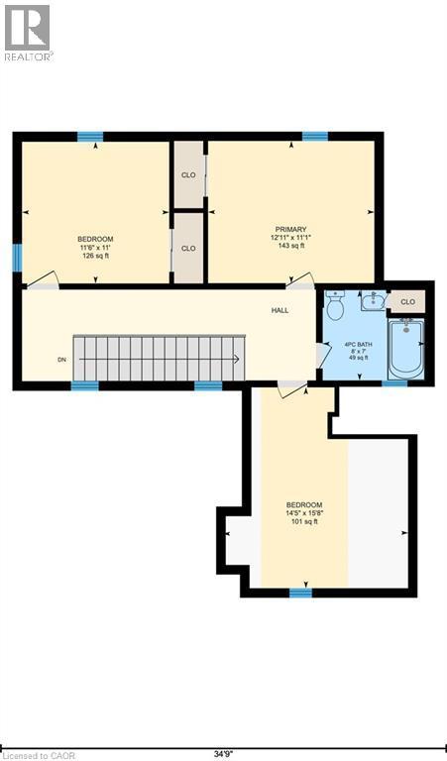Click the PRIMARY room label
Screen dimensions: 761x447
[x=290, y=229]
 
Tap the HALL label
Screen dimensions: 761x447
[x=280, y=311]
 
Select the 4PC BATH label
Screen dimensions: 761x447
[x=357, y=345]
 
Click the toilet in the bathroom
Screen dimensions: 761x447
[x=335, y=305]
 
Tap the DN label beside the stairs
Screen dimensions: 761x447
[x=61, y=360]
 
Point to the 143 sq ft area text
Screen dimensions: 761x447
[x=290, y=247]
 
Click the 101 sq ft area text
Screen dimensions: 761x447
[x=302, y=521]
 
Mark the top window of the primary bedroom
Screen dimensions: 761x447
[x=315, y=136]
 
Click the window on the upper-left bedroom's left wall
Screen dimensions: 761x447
[x=17, y=258]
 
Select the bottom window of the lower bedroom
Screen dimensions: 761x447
[x=300, y=593]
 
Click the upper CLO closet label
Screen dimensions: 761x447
[x=188, y=175]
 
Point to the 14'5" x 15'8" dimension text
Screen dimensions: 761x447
[x=302, y=512]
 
